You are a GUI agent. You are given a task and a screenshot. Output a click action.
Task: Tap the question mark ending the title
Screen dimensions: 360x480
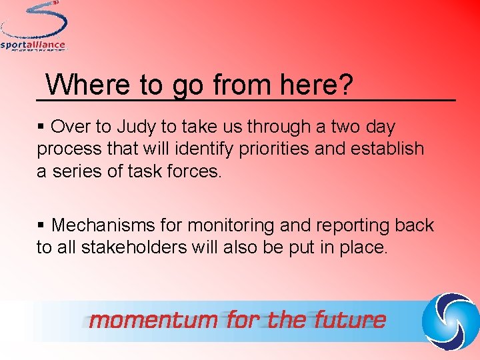(345, 85)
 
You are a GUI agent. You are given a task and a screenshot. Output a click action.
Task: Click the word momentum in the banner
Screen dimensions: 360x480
(153, 321)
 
